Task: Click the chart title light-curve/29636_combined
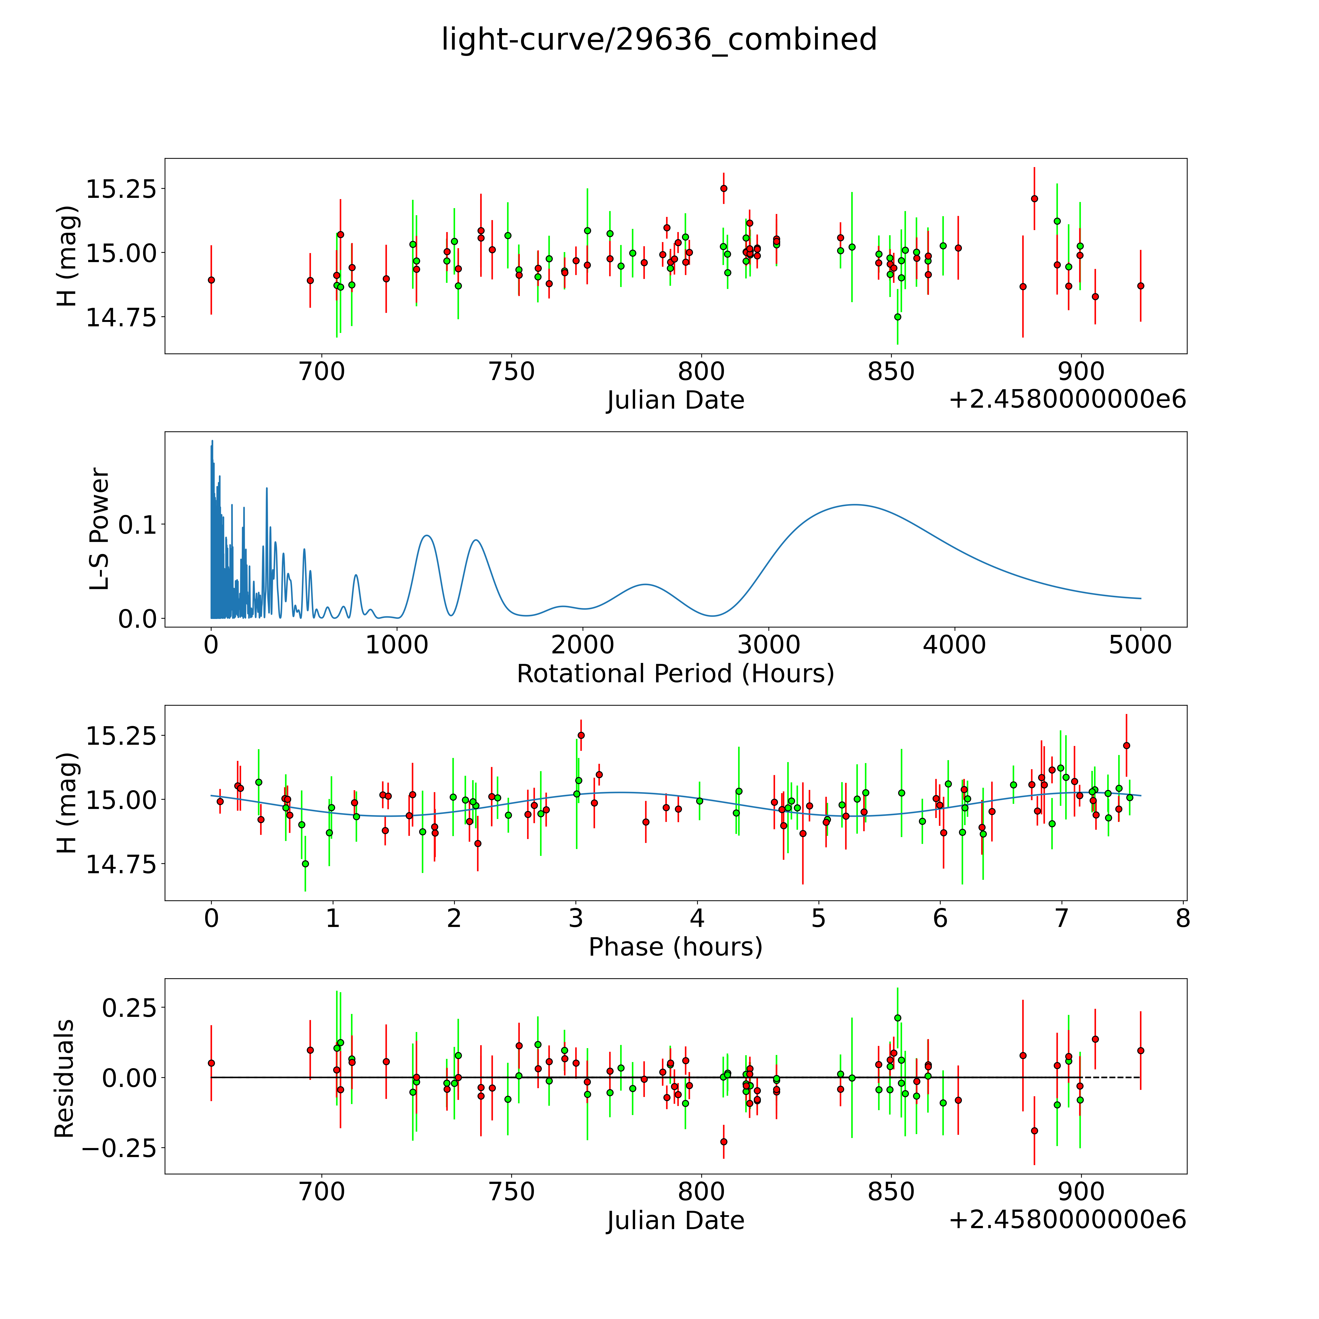(x=659, y=40)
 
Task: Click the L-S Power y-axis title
(x=100, y=529)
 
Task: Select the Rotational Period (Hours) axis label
(x=675, y=674)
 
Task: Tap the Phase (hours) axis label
(x=675, y=947)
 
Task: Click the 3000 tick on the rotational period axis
(x=769, y=645)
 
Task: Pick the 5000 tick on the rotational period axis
(x=1140, y=645)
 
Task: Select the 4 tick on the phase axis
(x=697, y=918)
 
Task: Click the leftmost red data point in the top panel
(x=211, y=280)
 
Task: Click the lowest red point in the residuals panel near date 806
(x=724, y=1141)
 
